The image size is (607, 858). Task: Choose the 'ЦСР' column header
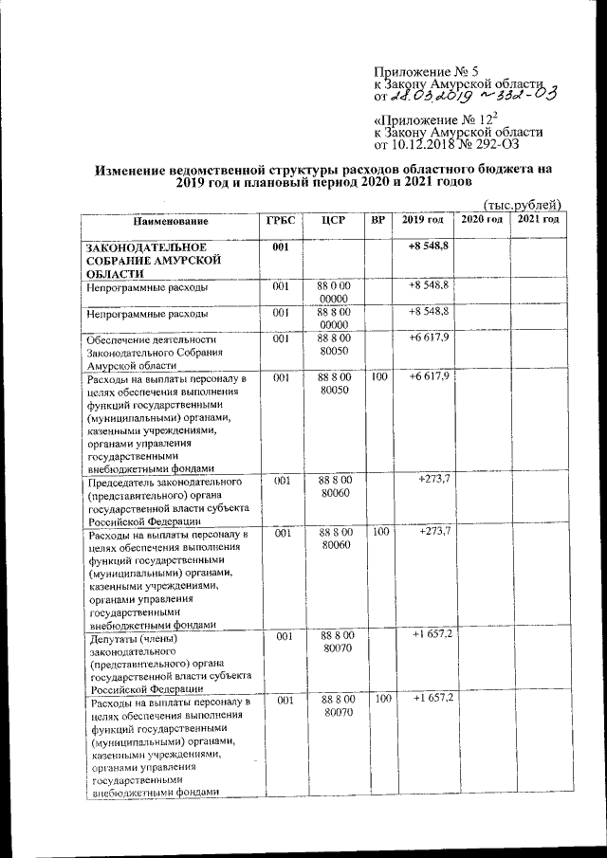click(x=333, y=220)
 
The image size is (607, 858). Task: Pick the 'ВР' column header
click(x=378, y=220)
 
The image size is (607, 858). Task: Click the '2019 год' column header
click(x=423, y=220)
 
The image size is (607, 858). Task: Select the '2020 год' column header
click(x=481, y=220)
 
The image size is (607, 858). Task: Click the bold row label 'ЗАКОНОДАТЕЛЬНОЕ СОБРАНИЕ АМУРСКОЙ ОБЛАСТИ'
click(x=153, y=259)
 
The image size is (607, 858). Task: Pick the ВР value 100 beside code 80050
click(x=379, y=377)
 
